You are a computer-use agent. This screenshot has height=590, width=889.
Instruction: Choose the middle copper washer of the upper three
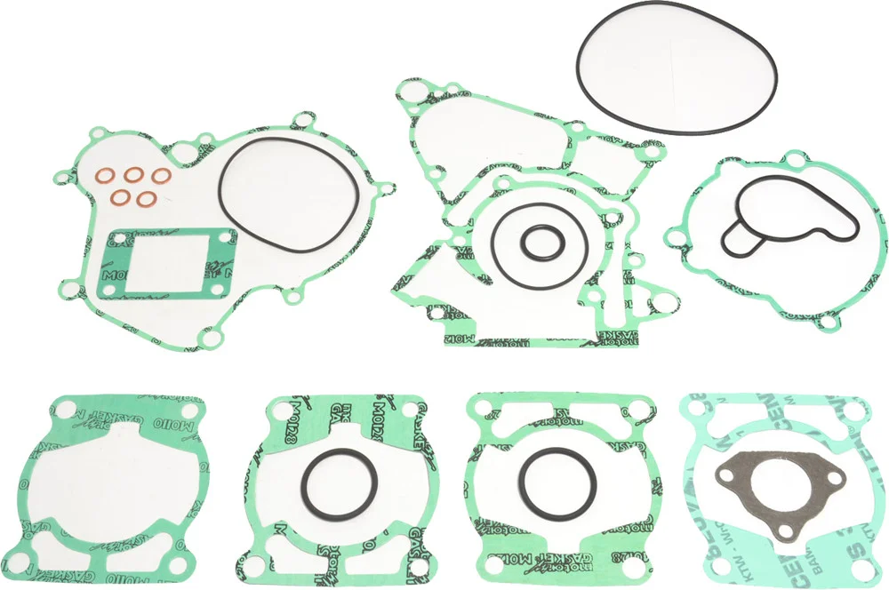[x=137, y=175]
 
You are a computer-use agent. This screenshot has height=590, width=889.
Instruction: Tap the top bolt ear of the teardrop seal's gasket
[x=792, y=160]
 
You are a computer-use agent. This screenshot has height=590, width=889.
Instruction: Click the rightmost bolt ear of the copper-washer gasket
[x=386, y=188]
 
